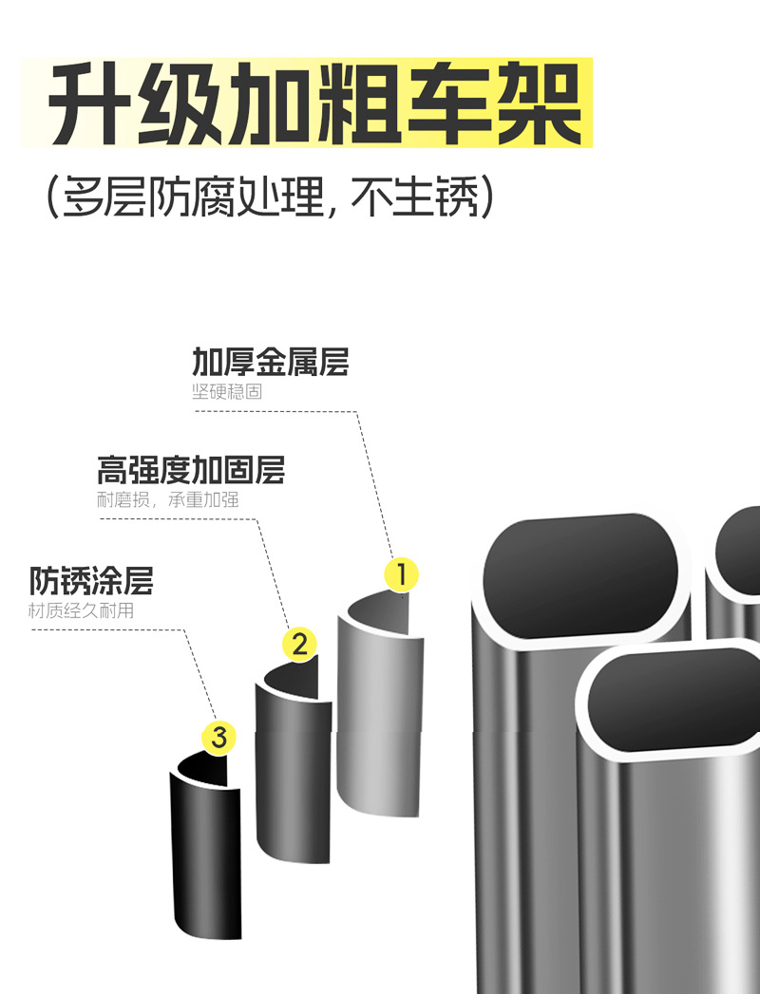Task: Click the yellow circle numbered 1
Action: point(401,574)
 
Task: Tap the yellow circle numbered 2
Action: point(300,646)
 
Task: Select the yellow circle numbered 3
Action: point(219,738)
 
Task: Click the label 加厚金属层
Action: point(271,362)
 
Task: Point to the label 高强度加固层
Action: point(190,470)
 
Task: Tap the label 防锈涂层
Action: point(91,580)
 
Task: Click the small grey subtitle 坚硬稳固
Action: point(227,391)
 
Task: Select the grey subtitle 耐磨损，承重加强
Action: point(168,499)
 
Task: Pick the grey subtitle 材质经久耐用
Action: point(81,610)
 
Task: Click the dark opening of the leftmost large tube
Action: point(581,564)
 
